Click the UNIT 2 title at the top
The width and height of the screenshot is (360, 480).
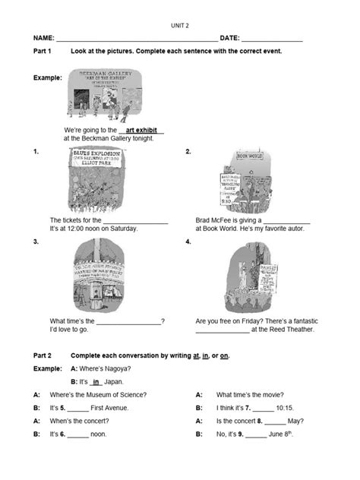tap(179, 25)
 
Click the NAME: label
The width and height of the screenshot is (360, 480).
tap(43, 38)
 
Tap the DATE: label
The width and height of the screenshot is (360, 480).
tap(229, 38)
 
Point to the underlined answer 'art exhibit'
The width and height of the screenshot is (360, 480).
tap(141, 131)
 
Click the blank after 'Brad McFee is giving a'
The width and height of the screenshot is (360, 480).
tap(287, 220)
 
